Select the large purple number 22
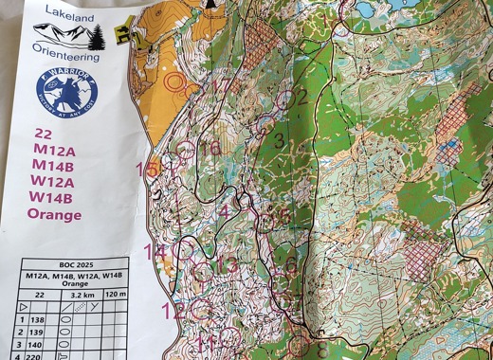coord(43,134)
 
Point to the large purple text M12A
coord(53,149)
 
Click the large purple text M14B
coord(53,165)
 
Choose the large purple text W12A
coord(53,181)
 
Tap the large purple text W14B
coord(53,197)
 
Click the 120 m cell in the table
coord(117,295)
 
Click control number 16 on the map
coord(210,148)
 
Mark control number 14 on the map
coord(155,252)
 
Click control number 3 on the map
coord(279,142)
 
